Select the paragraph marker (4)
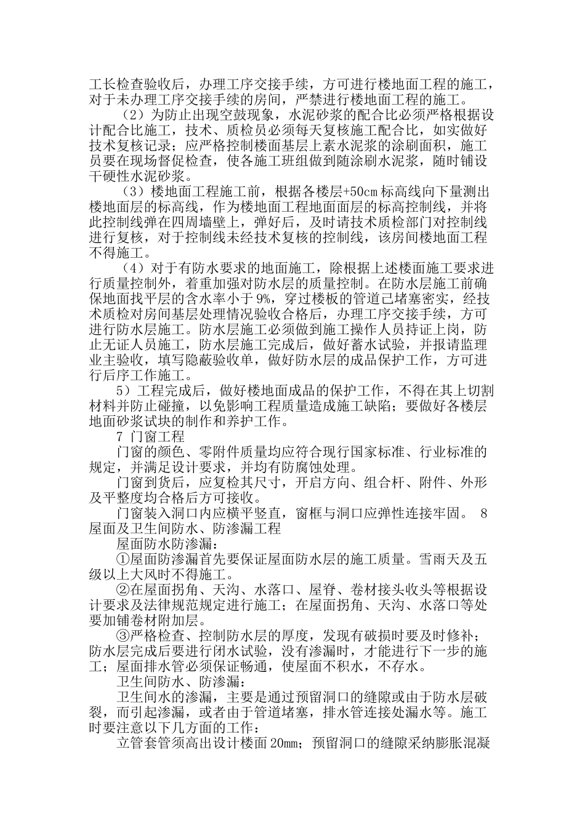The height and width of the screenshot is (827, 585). (x=131, y=269)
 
